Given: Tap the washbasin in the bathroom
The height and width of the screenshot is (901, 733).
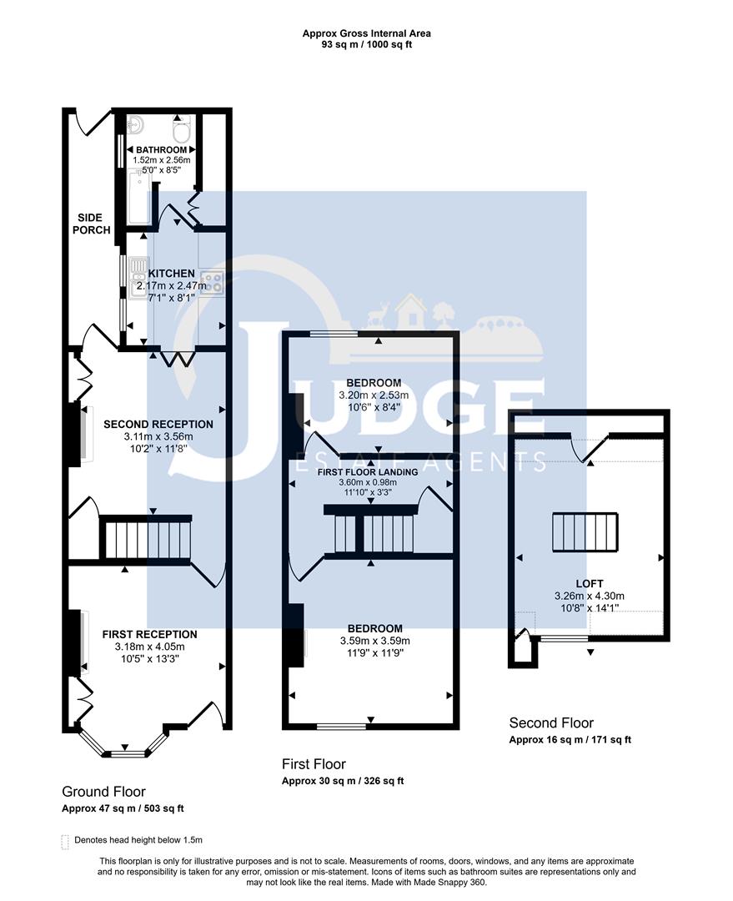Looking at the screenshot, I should point(137,126).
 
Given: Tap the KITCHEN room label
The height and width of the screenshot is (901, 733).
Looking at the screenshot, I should point(171,274).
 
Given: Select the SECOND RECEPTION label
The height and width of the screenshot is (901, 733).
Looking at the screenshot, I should point(158,424).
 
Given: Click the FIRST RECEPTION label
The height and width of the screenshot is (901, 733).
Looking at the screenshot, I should point(149,634).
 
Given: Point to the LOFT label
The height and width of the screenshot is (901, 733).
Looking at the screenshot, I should point(590,583).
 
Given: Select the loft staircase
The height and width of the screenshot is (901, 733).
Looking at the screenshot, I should point(585,532).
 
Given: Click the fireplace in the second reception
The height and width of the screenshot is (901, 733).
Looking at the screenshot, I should point(83,432).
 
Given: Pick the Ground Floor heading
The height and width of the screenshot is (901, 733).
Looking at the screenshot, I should point(103,792).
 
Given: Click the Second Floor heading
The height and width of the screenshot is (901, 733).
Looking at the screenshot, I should point(551,723).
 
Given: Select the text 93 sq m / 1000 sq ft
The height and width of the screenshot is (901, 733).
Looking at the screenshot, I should point(366,45).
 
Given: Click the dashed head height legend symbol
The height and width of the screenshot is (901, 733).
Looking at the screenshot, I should point(66,841).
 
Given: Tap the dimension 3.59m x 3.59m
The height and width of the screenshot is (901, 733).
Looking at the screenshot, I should point(371,641).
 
